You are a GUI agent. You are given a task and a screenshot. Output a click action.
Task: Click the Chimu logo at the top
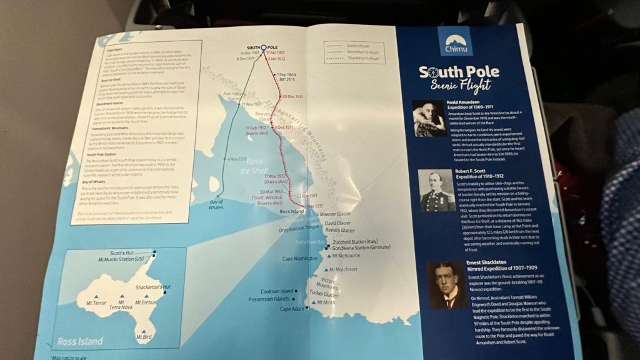455,41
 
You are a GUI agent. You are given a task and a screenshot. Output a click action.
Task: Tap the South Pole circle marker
263,47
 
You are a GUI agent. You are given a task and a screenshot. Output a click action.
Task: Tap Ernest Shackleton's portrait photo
447,284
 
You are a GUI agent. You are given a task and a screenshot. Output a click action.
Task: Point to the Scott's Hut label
127,252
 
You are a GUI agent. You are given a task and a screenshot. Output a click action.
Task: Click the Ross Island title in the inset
79,342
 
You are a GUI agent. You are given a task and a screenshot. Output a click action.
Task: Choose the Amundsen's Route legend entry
360,53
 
